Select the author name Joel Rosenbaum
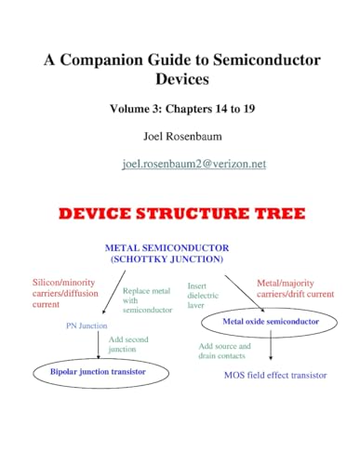180,137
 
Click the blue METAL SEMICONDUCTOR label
180,247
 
